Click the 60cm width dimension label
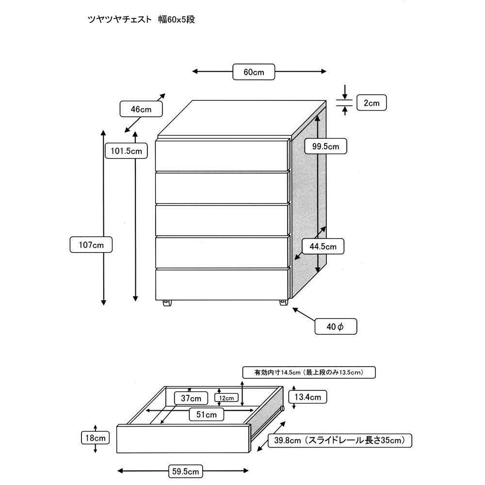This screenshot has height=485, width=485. (254, 72)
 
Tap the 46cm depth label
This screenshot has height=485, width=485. (141, 110)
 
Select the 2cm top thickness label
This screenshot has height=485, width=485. (372, 103)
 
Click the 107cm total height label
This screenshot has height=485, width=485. (91, 244)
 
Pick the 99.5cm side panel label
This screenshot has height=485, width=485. (325, 145)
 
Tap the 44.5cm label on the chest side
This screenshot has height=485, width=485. (323, 246)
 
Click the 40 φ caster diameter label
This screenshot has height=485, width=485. (336, 326)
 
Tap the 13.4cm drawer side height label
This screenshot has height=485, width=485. (308, 397)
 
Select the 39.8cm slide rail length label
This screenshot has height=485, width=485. (339, 440)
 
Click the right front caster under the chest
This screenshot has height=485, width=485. (283, 303)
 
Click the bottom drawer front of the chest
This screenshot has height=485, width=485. (222, 283)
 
